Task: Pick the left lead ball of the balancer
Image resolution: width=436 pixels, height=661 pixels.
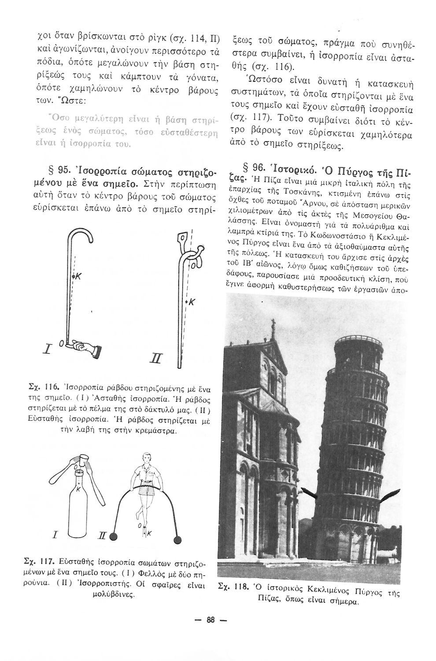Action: (x=114, y=537)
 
